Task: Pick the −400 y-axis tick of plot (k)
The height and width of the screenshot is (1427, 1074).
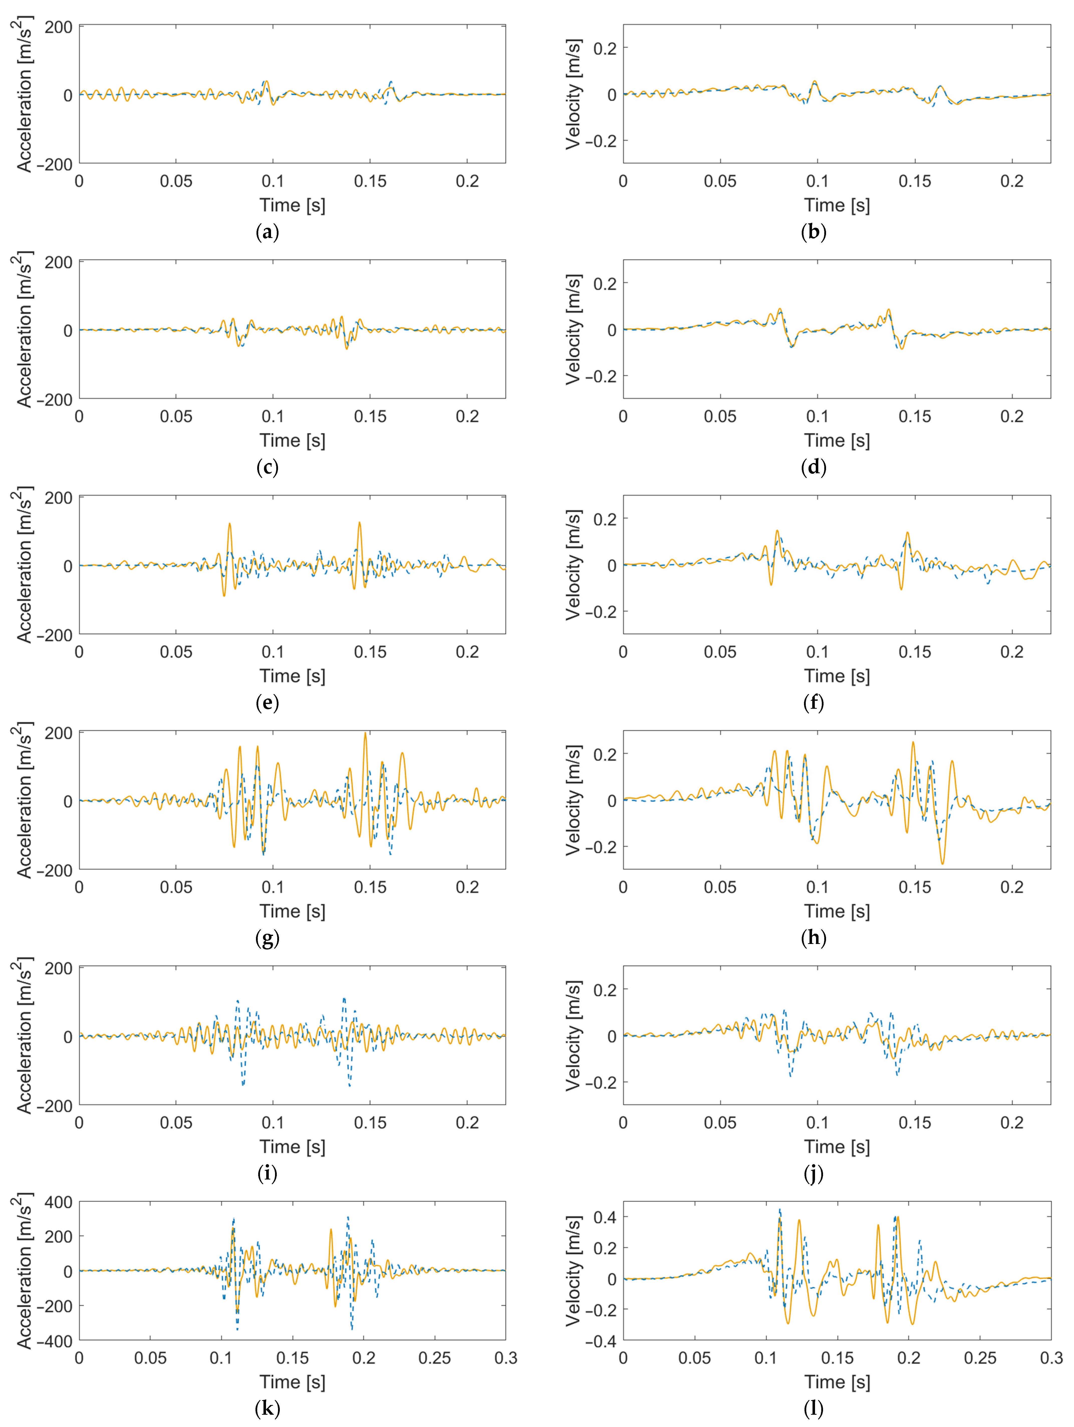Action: pos(54,1341)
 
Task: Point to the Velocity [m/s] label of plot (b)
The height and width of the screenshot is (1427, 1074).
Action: pos(573,94)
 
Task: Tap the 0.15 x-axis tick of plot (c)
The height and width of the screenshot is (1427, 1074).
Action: pos(370,417)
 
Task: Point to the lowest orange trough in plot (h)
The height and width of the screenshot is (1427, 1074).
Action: pos(943,864)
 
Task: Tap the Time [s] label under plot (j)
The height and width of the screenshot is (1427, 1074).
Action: pos(837,1146)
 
